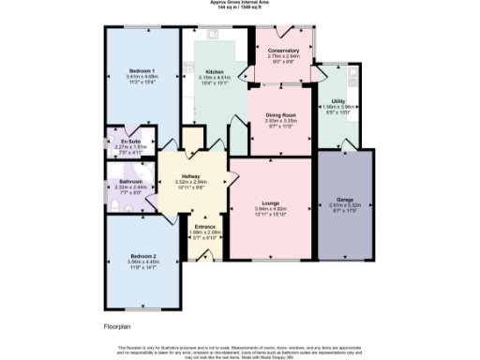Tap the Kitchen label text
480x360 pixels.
[x=214, y=72]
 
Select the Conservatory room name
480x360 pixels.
[x=283, y=50]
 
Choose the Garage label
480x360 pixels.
[x=344, y=199]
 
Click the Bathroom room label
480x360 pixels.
[x=129, y=181]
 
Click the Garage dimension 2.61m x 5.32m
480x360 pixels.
[x=344, y=204]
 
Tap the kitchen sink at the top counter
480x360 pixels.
[x=213, y=34]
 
